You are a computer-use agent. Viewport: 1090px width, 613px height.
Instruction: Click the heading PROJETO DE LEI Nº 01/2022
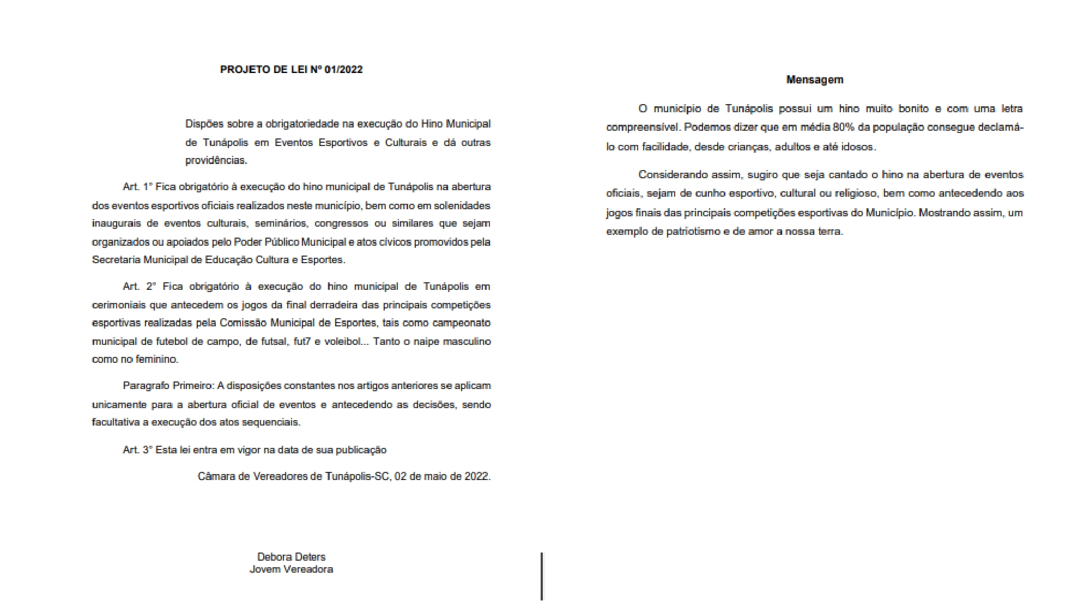(x=291, y=70)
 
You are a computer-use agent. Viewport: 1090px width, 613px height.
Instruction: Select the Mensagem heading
(x=815, y=80)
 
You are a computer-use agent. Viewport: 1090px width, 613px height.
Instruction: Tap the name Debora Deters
(x=291, y=557)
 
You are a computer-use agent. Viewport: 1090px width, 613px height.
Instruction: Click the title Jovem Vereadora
(x=291, y=569)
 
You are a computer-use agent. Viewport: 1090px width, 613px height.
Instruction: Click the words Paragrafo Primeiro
(x=168, y=386)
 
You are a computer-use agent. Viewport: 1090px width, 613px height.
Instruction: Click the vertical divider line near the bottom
(x=542, y=576)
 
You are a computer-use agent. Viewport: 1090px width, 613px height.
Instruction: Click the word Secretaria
(x=116, y=260)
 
